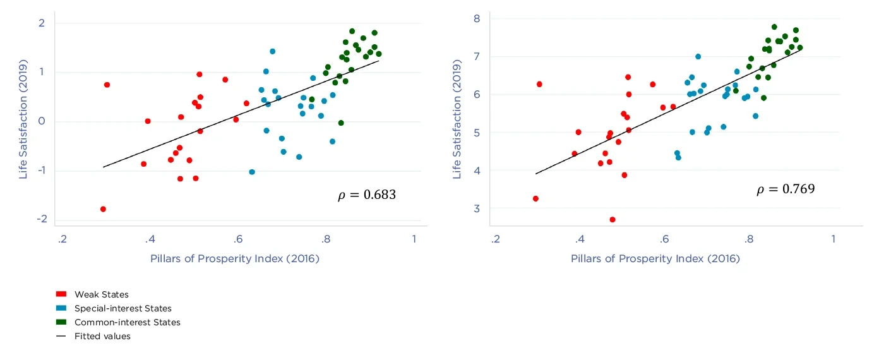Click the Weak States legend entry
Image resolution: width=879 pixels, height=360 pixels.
point(101,294)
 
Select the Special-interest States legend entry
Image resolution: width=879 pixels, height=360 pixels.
point(123,308)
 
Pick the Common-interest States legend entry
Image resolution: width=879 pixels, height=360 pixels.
point(127,322)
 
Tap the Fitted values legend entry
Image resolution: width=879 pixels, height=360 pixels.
point(102,336)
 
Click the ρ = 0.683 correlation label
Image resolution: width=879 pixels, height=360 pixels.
point(367,195)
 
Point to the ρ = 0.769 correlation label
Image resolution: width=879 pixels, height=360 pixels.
point(786,189)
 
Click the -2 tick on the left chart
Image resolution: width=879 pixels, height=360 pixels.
point(42,219)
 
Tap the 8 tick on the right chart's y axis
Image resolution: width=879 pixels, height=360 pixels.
point(477,18)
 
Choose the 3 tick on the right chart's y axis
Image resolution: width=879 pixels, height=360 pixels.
point(477,208)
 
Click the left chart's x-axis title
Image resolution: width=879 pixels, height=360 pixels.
point(235,259)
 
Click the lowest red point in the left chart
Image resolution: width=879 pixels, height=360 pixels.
point(103,209)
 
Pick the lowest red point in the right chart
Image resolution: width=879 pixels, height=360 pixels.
point(613,220)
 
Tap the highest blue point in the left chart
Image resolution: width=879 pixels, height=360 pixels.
point(272,51)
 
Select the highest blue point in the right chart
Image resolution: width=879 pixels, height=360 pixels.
point(698,56)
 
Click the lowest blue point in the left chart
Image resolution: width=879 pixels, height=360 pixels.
point(252,172)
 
